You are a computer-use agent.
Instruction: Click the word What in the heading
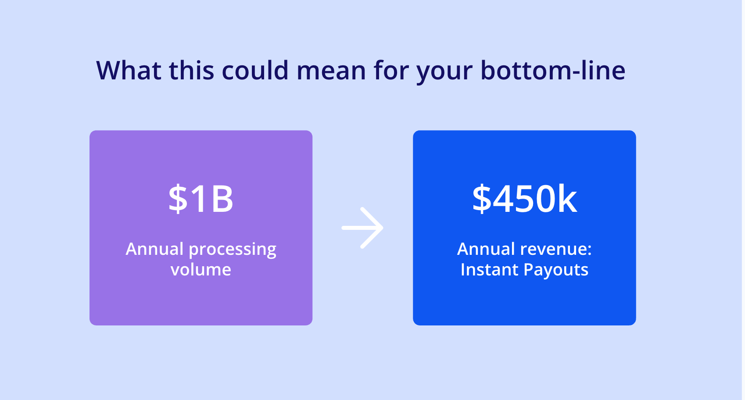129,70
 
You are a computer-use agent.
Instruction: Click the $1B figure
201,199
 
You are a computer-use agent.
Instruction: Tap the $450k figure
524,199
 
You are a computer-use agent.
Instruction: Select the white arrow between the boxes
362,228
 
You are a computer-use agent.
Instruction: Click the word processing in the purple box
233,250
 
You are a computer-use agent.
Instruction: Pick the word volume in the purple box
201,269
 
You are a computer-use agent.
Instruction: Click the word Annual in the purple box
154,249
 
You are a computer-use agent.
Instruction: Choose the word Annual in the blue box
486,249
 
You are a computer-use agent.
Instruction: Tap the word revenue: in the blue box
556,250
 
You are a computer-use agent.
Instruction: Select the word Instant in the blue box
490,269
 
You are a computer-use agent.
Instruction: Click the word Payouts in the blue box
556,270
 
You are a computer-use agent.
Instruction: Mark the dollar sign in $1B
178,199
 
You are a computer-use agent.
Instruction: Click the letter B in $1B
222,199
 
